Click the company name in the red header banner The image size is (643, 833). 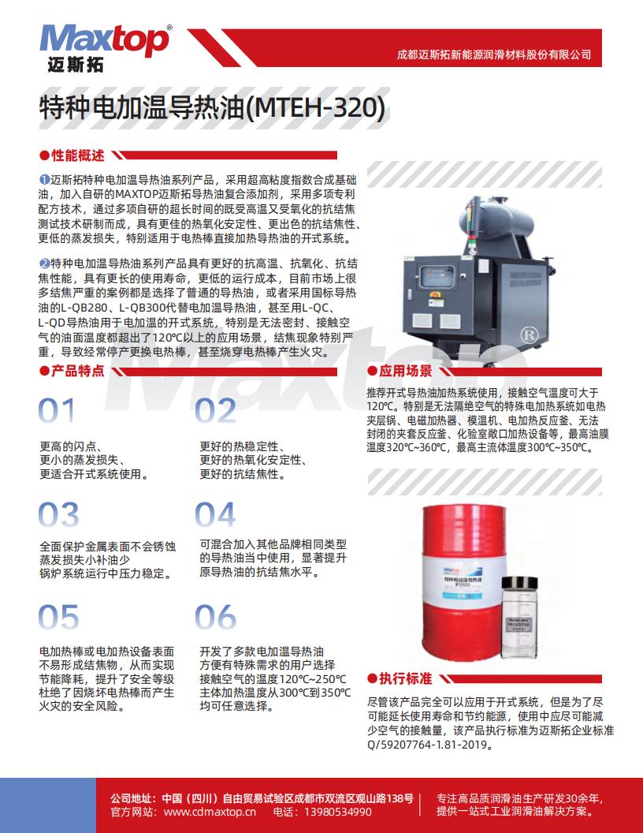click(x=493, y=55)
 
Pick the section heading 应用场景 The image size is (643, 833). click(x=406, y=371)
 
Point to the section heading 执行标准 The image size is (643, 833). click(x=406, y=678)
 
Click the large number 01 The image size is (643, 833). click(x=58, y=411)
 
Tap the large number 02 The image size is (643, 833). click(x=216, y=411)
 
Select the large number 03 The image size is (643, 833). click(x=58, y=514)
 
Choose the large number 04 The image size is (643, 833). click(x=216, y=514)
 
